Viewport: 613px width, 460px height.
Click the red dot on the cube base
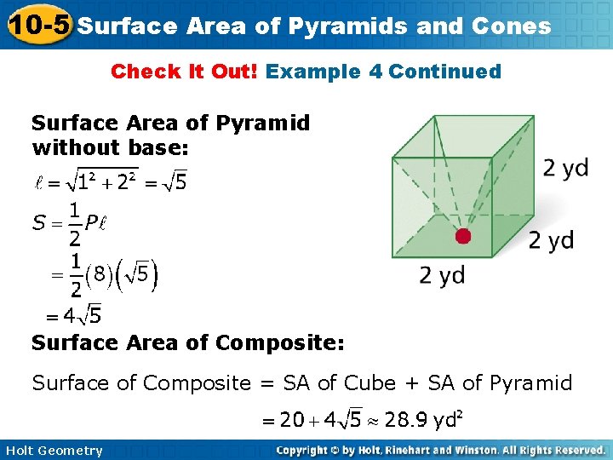pyautogui.click(x=462, y=236)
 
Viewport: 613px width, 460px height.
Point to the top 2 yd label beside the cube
pyautogui.click(x=565, y=167)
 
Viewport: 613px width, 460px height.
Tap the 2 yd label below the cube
pyautogui.click(x=442, y=275)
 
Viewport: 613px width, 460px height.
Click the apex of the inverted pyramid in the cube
pyautogui.click(x=462, y=236)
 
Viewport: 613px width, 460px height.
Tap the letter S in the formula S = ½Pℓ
pyautogui.click(x=39, y=223)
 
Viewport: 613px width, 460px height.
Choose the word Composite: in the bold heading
pyautogui.click(x=280, y=342)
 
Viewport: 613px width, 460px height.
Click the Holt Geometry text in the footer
pyautogui.click(x=53, y=451)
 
